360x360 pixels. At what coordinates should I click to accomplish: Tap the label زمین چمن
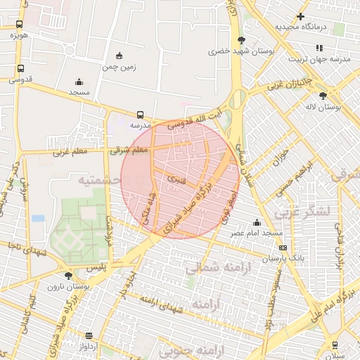click(x=119, y=67)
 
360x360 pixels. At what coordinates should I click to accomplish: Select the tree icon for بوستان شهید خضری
click(x=242, y=40)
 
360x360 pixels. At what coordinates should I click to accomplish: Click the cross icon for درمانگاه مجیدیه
click(x=300, y=16)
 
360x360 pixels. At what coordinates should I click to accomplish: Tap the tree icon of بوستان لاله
click(x=323, y=96)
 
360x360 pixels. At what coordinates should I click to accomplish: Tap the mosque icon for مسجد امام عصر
click(x=257, y=223)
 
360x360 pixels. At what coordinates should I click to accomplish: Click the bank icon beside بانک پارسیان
click(x=283, y=247)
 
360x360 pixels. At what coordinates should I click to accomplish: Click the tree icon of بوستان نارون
click(x=67, y=276)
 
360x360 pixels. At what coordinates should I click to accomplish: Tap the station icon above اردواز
click(x=89, y=335)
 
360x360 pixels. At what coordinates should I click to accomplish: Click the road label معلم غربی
click(x=68, y=151)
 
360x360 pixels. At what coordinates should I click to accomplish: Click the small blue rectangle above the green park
click(x=38, y=219)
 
